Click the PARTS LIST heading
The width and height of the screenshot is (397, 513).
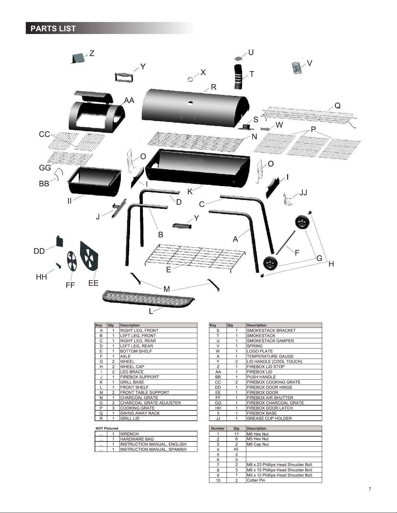[x=53, y=28]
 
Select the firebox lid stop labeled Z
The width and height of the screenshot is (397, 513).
[x=78, y=58]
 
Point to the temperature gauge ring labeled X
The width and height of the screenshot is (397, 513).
[x=191, y=79]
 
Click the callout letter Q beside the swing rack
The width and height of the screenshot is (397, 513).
[x=337, y=106]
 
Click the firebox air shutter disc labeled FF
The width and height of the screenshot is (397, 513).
[x=72, y=262]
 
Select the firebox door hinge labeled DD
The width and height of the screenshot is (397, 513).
[x=59, y=241]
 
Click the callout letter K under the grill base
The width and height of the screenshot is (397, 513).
[x=190, y=192]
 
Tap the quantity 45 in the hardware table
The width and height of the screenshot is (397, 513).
[x=236, y=449]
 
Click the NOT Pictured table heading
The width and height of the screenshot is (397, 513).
[x=107, y=428]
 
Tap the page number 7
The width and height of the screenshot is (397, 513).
[x=370, y=489]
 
